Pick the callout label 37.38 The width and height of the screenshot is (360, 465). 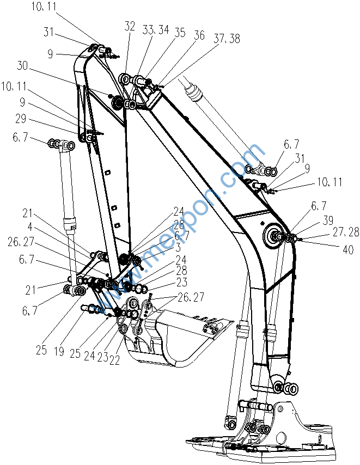point(227,39)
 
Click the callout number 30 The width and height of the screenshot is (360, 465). point(22,66)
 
